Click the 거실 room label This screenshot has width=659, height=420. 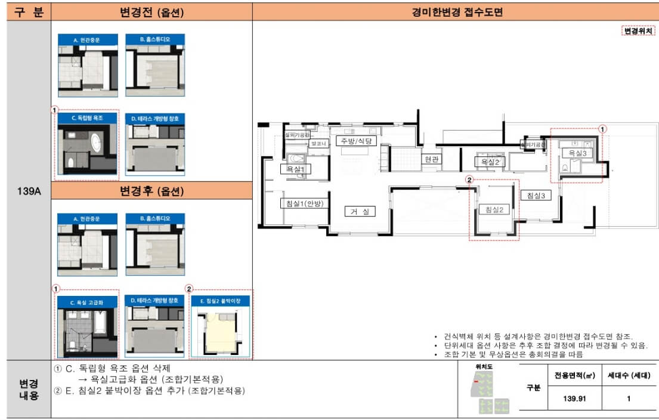(360, 211)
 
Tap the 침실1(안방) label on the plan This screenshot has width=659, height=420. (302, 203)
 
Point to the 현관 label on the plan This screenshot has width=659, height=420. (431, 160)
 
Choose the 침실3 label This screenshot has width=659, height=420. (535, 195)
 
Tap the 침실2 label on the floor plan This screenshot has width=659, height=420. (495, 209)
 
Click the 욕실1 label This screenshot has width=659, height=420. (295, 169)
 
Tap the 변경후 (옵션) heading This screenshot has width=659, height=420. (151, 191)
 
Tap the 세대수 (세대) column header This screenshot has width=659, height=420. (629, 376)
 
